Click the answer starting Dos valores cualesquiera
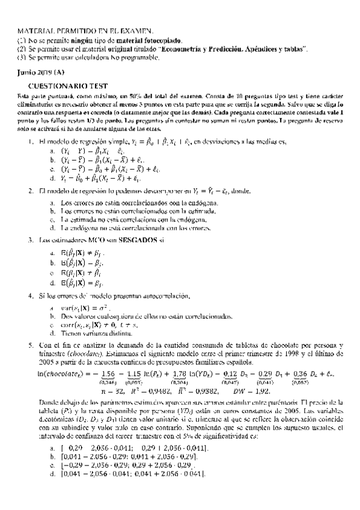[121, 316]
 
